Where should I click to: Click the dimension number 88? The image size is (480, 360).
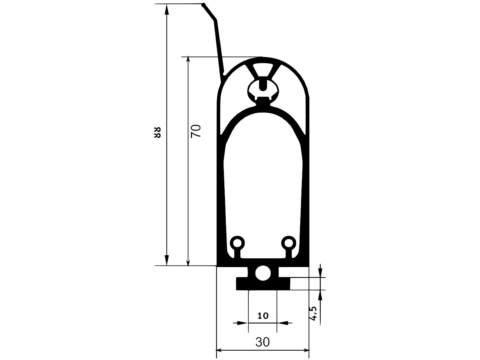(157, 132)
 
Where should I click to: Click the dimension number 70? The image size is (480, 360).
(196, 131)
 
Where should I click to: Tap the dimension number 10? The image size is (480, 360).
(262, 316)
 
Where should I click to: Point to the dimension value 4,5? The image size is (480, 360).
(313, 313)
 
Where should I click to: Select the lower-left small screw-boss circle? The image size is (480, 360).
(237, 243)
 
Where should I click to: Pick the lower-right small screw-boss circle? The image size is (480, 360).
(289, 243)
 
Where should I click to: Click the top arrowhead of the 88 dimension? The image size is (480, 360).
(166, 9)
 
